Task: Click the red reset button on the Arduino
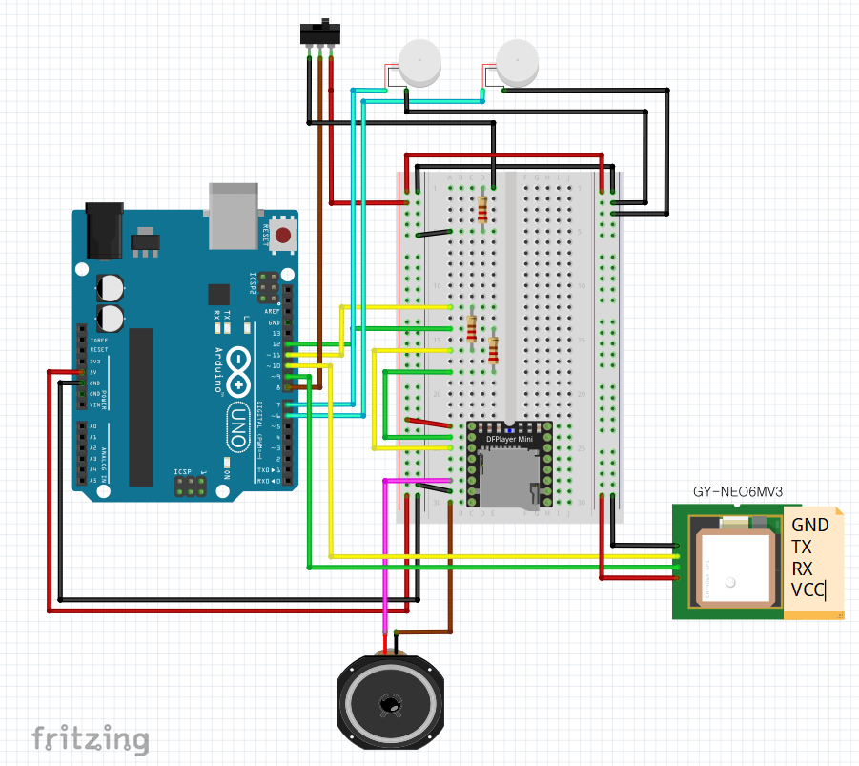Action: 282,235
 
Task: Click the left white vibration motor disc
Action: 419,62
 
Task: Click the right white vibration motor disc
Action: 518,64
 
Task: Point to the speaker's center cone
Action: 390,705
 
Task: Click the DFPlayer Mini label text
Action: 509,439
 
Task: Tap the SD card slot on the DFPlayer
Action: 511,479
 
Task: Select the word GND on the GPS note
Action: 809,525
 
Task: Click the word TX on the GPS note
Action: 801,547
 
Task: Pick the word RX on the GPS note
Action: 802,569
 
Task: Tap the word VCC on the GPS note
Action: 808,590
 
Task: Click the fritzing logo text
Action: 91,738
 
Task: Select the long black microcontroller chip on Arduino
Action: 141,405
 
